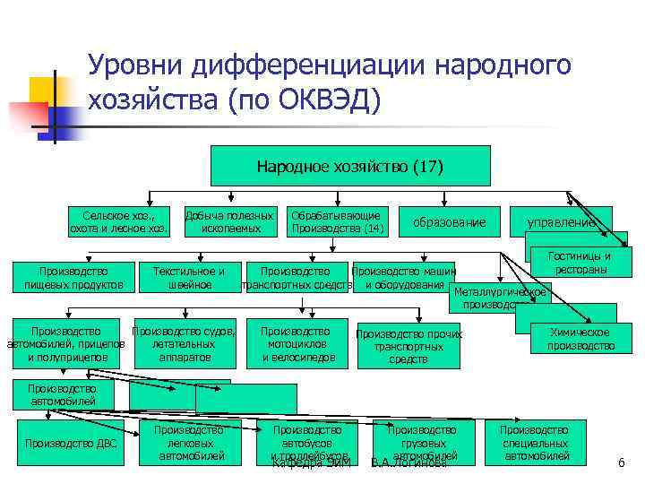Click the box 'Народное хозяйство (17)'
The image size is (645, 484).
tap(349, 166)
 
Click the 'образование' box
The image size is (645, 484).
tap(455, 222)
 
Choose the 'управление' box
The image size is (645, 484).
tap(561, 221)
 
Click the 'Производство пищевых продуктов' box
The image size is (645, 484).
tap(73, 277)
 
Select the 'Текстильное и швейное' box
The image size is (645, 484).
tap(189, 277)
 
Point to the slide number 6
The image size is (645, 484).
tap(620, 462)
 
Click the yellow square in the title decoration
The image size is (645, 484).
tap(42, 90)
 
